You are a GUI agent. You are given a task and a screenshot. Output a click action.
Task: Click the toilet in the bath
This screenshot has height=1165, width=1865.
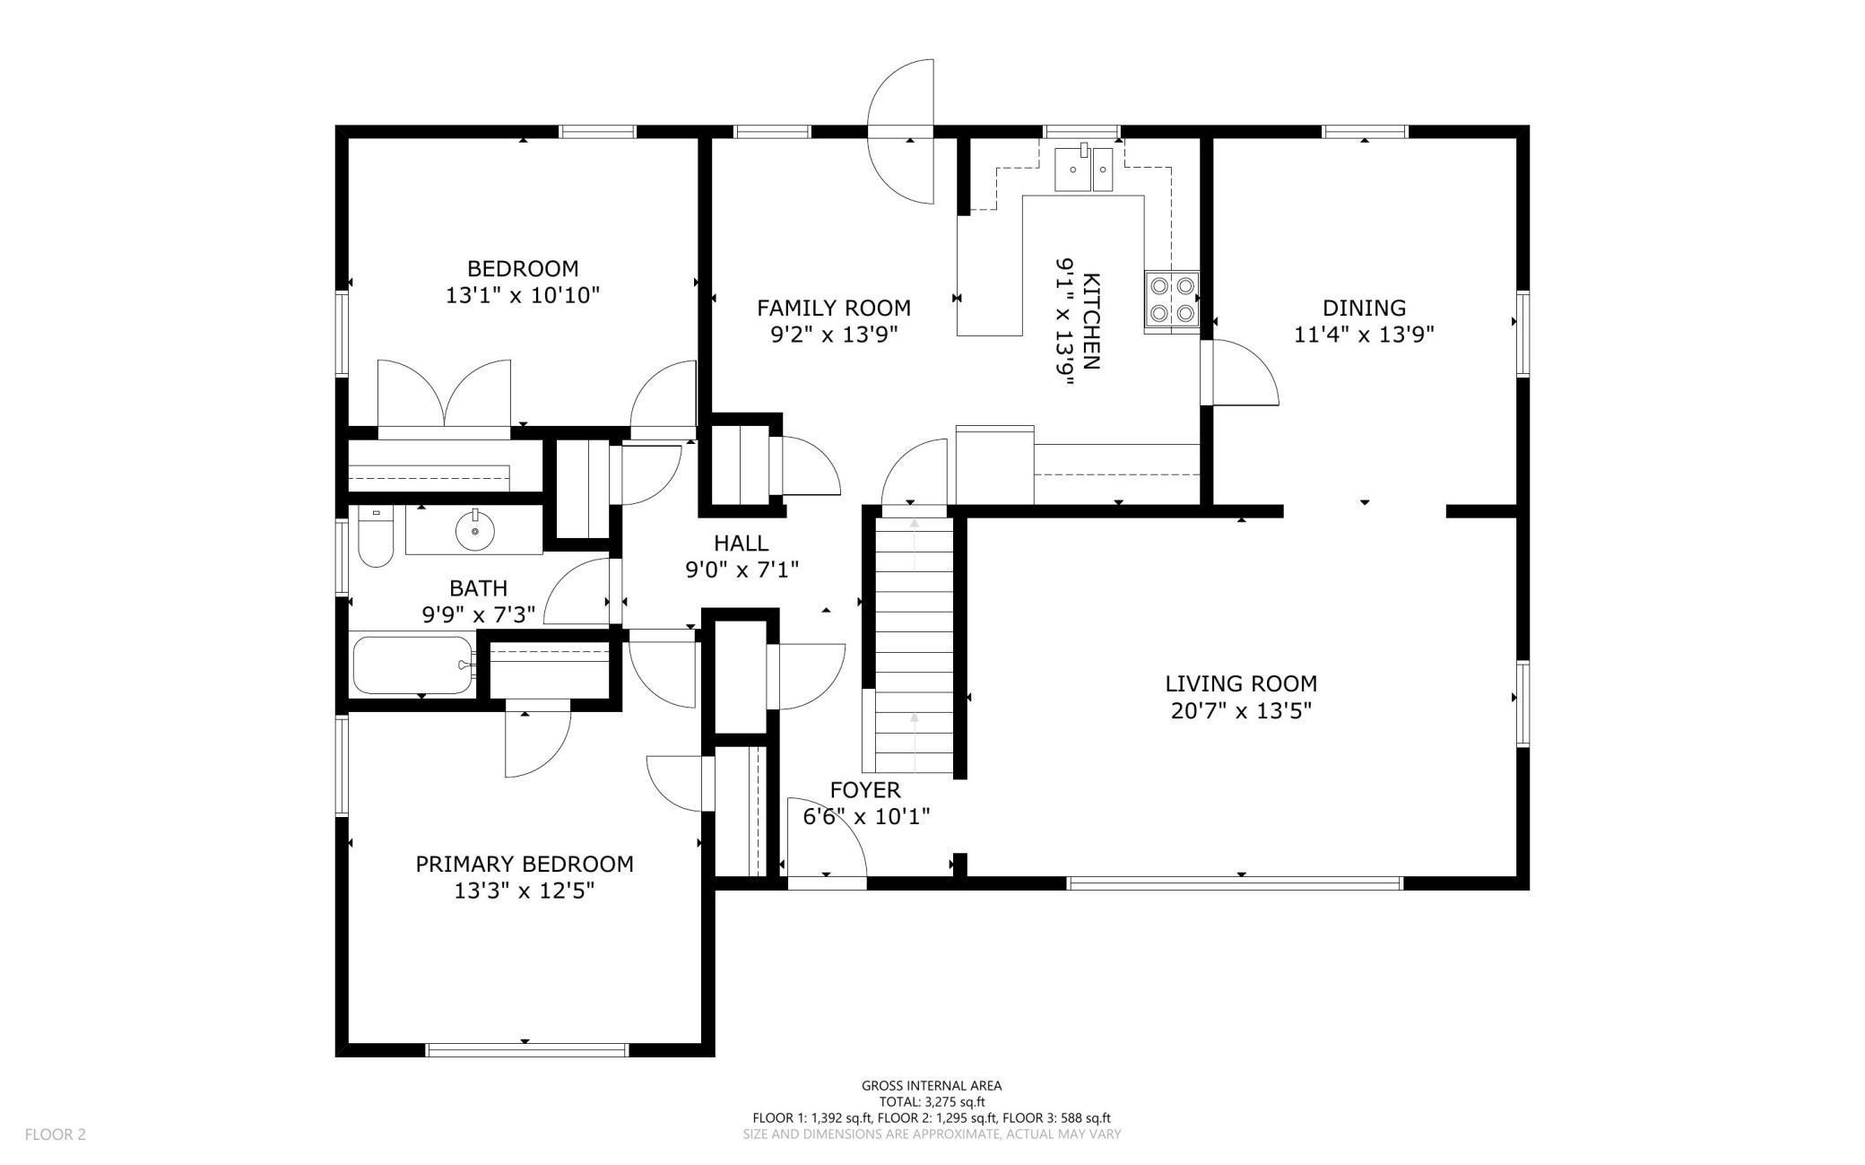pyautogui.click(x=376, y=536)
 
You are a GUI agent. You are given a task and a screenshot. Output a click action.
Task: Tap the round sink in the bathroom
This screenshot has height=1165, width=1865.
pyautogui.click(x=474, y=531)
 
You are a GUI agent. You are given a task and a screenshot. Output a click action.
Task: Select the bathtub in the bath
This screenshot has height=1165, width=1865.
pyautogui.click(x=412, y=665)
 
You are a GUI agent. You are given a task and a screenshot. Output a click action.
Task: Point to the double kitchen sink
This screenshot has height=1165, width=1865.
pyautogui.click(x=1083, y=170)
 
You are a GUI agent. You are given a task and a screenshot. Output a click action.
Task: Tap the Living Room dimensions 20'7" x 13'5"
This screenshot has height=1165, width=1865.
pyautogui.click(x=1241, y=711)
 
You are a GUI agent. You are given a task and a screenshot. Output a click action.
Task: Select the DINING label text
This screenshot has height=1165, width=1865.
pyautogui.click(x=1364, y=308)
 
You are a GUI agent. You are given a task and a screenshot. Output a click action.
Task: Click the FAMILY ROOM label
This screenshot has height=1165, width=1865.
pyautogui.click(x=834, y=308)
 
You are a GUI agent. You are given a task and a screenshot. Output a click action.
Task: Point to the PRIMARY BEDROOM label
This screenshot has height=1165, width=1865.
pyautogui.click(x=525, y=864)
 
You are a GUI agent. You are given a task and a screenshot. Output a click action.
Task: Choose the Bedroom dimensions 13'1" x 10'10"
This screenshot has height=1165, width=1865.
pyautogui.click(x=523, y=295)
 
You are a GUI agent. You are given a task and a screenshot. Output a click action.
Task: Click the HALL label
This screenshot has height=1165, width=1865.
pyautogui.click(x=742, y=543)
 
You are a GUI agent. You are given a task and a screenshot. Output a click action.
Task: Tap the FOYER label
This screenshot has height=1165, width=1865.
pyautogui.click(x=865, y=790)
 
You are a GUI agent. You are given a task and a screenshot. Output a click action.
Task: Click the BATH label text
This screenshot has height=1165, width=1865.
pyautogui.click(x=479, y=588)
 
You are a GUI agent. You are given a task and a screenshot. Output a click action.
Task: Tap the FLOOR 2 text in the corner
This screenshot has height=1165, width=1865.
pyautogui.click(x=56, y=1135)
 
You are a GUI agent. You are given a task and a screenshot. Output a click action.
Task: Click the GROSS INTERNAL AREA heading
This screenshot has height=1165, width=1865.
pyautogui.click(x=932, y=1085)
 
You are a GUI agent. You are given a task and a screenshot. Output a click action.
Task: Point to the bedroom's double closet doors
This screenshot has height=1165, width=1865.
pyautogui.click(x=445, y=395)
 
